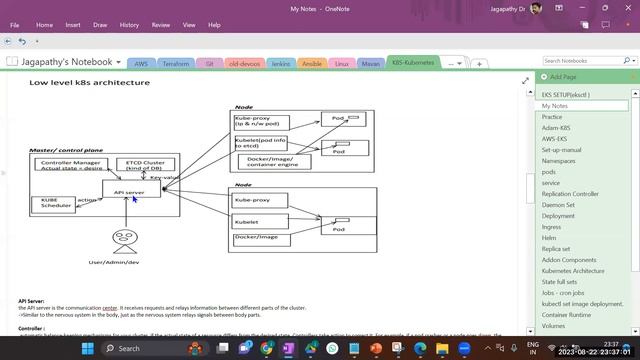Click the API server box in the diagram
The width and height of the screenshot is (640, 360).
(130, 191)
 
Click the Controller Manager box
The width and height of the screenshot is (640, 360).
(71, 165)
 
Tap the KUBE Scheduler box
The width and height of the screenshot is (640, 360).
(54, 203)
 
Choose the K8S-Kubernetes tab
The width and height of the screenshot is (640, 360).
(414, 63)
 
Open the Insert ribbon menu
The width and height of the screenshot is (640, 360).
(73, 24)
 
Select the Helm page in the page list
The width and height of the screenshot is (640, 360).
(549, 238)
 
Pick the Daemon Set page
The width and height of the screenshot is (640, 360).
(557, 204)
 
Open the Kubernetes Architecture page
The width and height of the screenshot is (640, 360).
(573, 271)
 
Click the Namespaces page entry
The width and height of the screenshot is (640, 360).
(559, 160)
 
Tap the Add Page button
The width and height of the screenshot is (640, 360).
(562, 77)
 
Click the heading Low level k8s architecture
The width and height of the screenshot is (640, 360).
(89, 83)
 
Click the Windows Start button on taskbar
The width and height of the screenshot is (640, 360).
(87, 348)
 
